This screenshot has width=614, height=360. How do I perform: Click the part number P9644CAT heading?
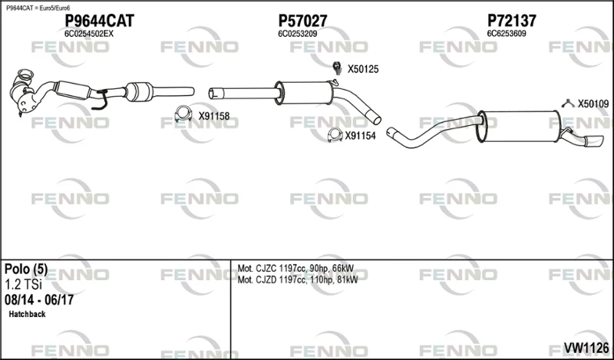pos(99,21)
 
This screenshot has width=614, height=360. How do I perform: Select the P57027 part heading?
pos(302,21)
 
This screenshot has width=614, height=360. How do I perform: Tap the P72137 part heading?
pos(511,21)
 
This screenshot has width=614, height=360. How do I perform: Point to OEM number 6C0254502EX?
pos(89,34)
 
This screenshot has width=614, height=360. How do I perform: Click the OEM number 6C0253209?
pos(298,34)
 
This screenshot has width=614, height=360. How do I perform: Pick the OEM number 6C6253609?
pos(507,34)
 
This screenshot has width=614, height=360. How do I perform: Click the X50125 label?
pos(363,69)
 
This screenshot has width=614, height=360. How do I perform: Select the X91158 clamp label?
pos(214,116)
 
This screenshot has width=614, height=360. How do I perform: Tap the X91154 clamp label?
pos(360,136)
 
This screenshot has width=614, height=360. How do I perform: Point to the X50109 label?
pos(593,104)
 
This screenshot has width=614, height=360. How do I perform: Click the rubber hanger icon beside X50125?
pos(336,68)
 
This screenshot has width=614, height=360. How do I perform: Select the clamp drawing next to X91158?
pos(183,114)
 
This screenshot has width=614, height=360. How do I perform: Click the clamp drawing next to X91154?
pos(335,135)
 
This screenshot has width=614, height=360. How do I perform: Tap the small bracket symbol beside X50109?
pos(568,103)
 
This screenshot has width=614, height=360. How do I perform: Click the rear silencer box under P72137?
pos(520,126)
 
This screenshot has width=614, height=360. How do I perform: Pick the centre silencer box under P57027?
pos(304,93)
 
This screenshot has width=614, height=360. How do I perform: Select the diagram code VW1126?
pos(586,347)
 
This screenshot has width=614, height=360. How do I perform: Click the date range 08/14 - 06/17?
pos(39,300)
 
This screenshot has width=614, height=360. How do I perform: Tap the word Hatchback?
pos(27,314)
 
